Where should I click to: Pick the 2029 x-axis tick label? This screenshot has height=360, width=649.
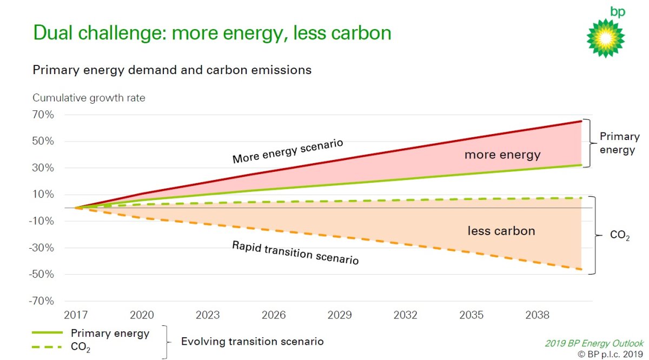340,315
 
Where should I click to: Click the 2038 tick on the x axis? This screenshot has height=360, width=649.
537,315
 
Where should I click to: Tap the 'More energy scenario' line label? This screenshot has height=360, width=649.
288,151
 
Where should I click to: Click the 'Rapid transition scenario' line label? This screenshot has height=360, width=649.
295,252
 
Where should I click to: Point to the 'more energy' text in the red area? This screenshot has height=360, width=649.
502,155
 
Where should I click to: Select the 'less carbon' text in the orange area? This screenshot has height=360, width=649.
501,231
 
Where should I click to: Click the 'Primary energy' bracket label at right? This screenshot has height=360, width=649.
619,143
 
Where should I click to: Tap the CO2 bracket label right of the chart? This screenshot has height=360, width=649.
619,237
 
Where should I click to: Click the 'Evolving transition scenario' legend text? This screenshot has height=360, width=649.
252,342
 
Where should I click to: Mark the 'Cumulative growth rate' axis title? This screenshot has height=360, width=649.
89,98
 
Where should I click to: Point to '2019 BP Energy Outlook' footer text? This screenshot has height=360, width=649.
594,343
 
